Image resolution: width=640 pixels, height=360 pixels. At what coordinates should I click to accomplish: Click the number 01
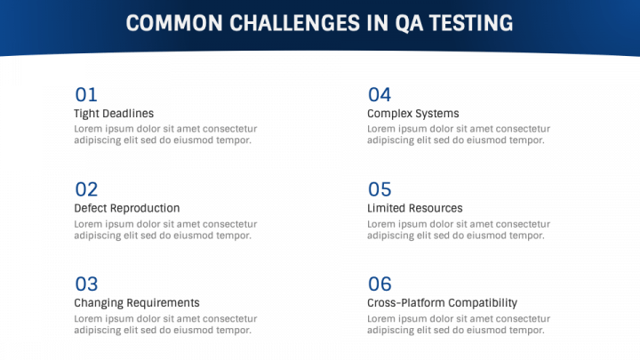click(86, 95)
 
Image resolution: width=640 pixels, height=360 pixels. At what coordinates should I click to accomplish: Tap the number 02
click(86, 189)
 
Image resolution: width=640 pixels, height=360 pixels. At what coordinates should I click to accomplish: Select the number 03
click(86, 284)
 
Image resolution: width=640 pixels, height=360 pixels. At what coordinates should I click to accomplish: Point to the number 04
click(380, 95)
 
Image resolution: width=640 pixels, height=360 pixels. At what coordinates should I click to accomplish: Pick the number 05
click(380, 189)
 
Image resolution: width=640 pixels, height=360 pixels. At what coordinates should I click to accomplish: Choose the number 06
click(380, 284)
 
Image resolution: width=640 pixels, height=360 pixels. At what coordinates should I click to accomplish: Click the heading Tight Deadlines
click(114, 114)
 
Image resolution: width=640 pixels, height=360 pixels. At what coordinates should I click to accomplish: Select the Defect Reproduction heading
click(127, 208)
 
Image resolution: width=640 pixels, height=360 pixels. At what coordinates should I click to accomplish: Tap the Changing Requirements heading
click(137, 303)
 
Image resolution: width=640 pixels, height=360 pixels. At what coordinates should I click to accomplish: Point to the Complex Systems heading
click(413, 114)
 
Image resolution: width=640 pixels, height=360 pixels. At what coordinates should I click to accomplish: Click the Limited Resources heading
click(415, 208)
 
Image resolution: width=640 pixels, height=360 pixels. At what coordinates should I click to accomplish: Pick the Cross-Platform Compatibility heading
click(442, 303)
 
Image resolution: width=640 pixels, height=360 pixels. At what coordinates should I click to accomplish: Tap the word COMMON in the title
click(174, 23)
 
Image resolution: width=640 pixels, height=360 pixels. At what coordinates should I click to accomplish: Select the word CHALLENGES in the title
click(295, 23)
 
